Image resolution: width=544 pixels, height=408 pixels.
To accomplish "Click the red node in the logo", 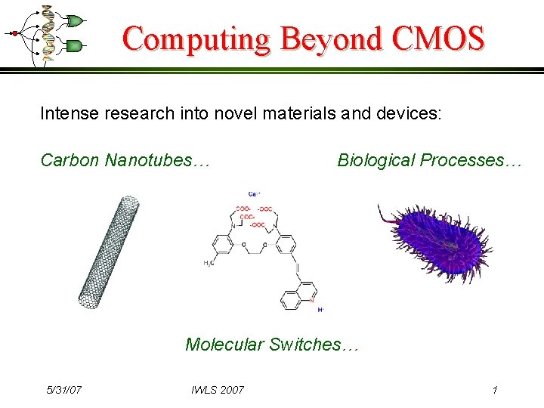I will click(x=14, y=33).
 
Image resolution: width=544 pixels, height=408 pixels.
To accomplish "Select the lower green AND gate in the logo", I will click(x=74, y=47).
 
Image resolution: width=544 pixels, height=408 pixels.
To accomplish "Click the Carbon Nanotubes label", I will click(x=125, y=160).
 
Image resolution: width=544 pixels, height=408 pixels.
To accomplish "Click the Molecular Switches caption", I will click(x=273, y=345).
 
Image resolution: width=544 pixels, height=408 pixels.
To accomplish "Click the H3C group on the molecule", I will click(x=208, y=264).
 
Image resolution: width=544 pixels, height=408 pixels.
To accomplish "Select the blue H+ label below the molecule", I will click(x=321, y=310).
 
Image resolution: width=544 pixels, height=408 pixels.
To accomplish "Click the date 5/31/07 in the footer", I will click(x=64, y=390).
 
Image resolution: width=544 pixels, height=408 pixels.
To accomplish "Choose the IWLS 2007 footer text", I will click(x=218, y=390).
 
